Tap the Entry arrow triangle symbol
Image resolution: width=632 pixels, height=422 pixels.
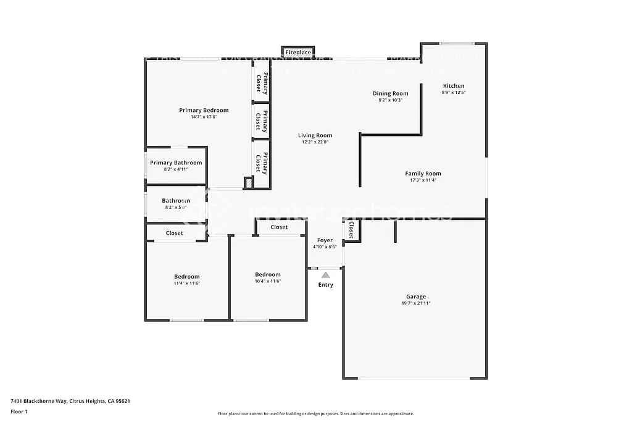pos(325,274)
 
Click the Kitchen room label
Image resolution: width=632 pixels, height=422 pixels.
pos(454,86)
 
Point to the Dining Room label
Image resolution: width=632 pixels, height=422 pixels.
pos(391,94)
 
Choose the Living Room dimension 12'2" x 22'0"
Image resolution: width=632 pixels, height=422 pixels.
pos(315,142)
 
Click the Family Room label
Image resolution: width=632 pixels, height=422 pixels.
pos(423,174)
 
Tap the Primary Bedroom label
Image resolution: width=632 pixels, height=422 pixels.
pos(204,111)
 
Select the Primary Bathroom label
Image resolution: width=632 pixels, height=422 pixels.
pos(176,163)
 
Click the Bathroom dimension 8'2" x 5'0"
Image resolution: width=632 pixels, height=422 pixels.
pos(176,208)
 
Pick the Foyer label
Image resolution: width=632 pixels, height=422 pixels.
pos(325,240)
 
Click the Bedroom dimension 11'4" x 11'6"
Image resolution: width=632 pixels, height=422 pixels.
pos(186,283)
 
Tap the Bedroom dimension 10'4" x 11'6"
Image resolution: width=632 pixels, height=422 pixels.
pos(268,281)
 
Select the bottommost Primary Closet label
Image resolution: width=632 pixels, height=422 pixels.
pos(262,163)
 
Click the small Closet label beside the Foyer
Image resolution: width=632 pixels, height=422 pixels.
pos(351,230)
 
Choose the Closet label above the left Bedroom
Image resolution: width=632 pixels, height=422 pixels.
pos(174,233)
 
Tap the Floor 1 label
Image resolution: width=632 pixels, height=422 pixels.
pos(19,411)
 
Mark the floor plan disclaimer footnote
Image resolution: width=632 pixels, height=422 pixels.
pos(315,414)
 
